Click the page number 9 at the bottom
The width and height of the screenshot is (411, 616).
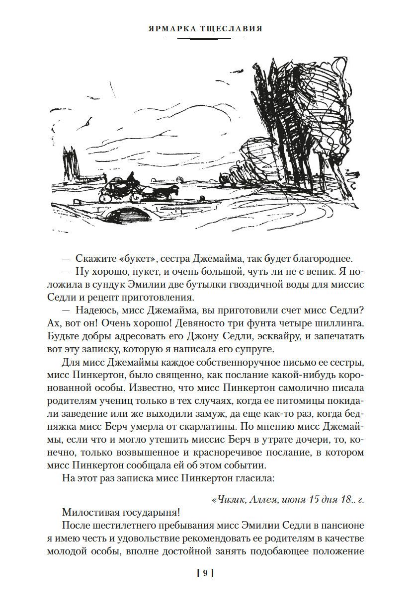point(205,573)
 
